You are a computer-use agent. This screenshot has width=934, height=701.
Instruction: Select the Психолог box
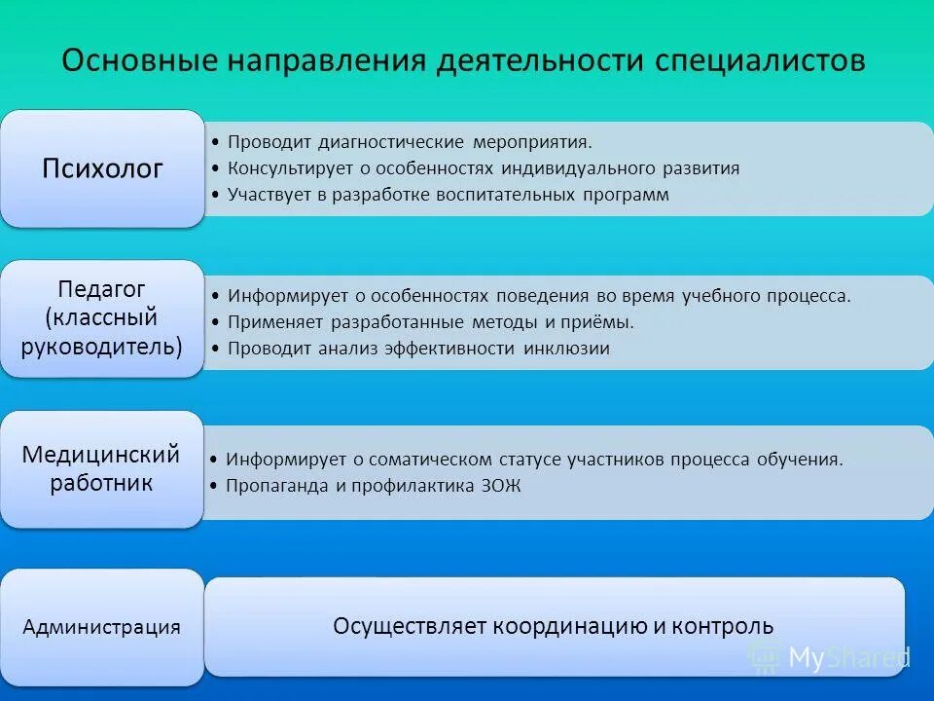(102, 168)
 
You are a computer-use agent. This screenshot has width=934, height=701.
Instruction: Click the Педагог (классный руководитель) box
(102, 317)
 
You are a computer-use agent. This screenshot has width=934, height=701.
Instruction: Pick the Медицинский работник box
(102, 468)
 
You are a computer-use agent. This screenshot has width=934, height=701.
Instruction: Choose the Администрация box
(102, 627)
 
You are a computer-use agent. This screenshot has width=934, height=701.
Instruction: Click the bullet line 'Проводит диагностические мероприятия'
(409, 142)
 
